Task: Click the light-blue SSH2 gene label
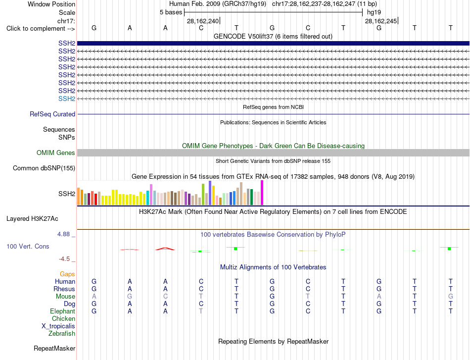[67, 99]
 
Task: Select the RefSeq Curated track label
[52, 114]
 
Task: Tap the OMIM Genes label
[56, 153]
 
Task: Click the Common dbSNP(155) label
[44, 168]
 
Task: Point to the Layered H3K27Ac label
[32, 219]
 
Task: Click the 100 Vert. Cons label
[28, 246]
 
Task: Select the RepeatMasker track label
[54, 348]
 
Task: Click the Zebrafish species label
[62, 333]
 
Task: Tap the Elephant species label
[63, 311]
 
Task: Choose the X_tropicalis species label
[58, 326]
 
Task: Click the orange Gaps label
[67, 274]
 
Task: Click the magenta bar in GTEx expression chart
[262, 193]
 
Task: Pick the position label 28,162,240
[203, 21]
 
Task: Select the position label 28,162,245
[381, 21]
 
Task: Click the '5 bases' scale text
[171, 12]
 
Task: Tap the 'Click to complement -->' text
[41, 29]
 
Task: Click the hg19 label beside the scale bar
[374, 12]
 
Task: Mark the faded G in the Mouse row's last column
[451, 297]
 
